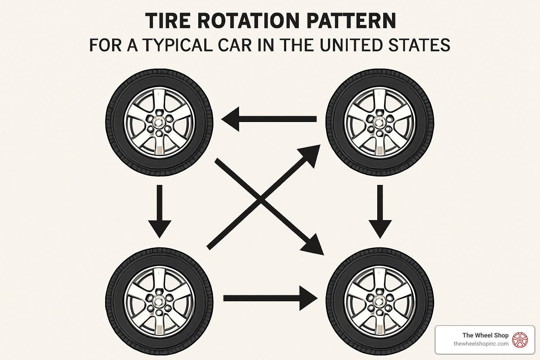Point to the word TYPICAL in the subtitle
click(x=178, y=45)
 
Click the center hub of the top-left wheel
click(x=159, y=122)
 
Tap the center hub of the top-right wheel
click(x=379, y=122)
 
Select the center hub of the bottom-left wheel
click(x=159, y=301)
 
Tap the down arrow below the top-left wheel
click(x=160, y=211)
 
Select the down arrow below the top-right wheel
click(x=380, y=211)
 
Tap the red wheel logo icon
click(x=520, y=340)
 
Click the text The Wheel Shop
click(x=485, y=335)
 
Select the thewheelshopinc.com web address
click(x=481, y=344)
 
